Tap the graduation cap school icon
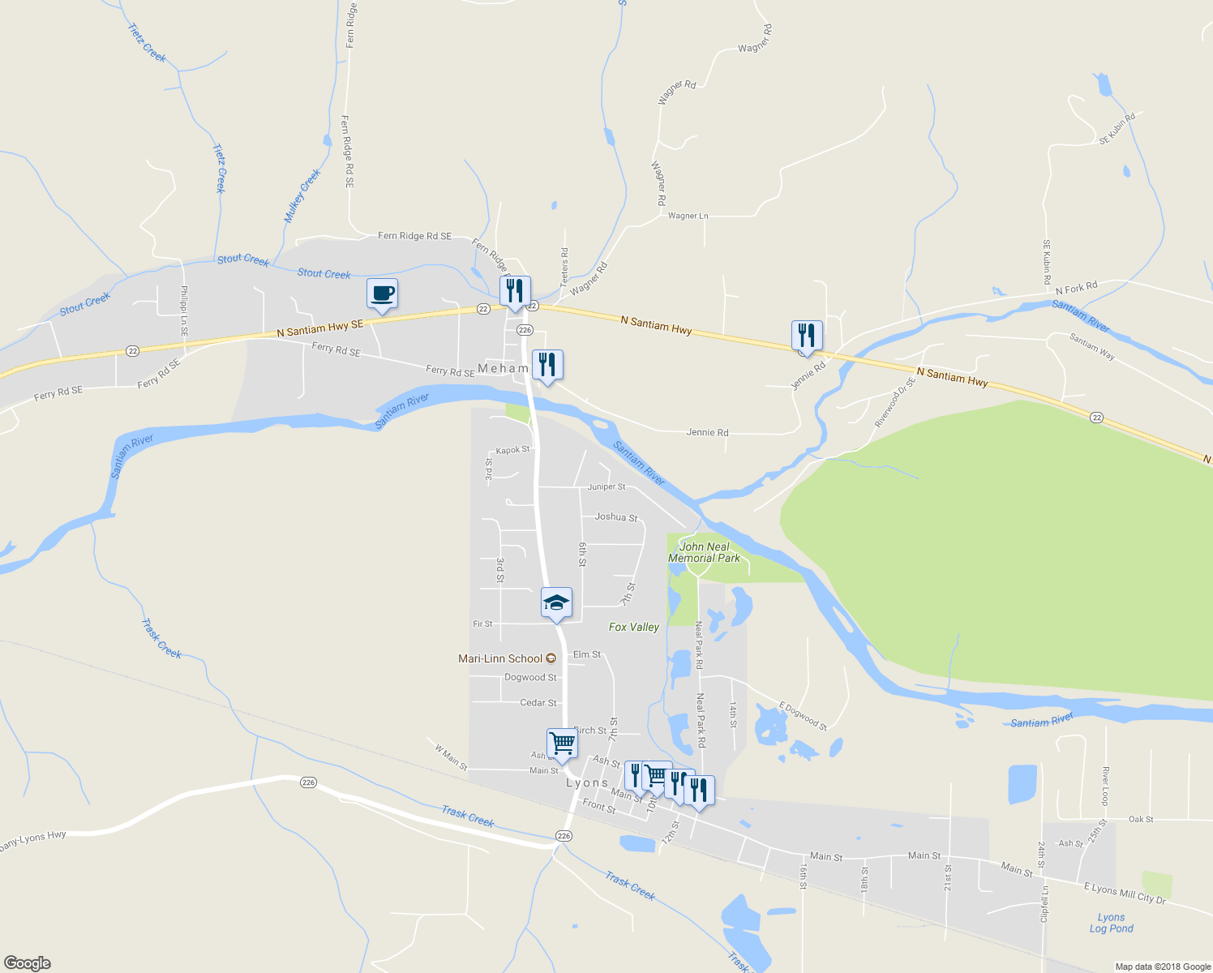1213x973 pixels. (556, 603)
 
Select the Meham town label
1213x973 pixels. (503, 368)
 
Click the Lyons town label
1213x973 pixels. (587, 782)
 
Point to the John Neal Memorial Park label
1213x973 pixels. (704, 552)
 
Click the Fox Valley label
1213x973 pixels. (634, 627)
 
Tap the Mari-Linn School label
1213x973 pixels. (500, 658)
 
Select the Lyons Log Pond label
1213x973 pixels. (1111, 923)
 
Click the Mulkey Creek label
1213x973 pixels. (302, 195)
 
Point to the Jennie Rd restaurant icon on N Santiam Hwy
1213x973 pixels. (807, 336)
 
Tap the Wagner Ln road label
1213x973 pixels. (688, 216)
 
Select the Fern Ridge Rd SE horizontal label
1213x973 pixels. (414, 236)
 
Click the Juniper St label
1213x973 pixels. (606, 486)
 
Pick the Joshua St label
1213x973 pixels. (616, 517)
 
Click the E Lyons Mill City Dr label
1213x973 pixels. (1125, 893)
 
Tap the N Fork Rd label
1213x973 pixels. (1076, 288)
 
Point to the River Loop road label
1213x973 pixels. (1105, 785)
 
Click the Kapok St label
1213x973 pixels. (512, 450)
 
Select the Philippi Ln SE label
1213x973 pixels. (184, 311)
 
